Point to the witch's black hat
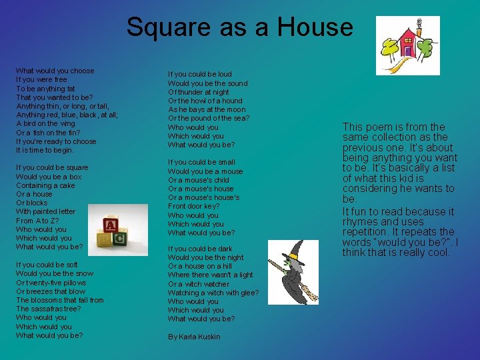point(291,253)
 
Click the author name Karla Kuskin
point(194,337)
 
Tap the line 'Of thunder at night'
point(199,92)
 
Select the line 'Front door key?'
point(193,207)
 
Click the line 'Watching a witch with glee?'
point(213,293)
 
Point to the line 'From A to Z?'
point(38,221)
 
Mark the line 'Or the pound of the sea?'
point(209,118)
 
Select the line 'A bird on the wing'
point(45,123)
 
